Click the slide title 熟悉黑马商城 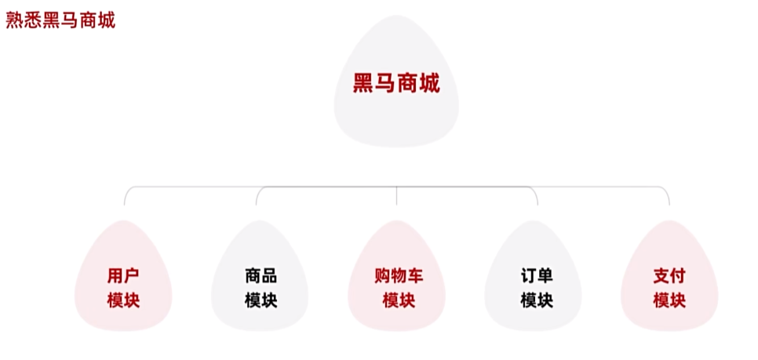[60, 20]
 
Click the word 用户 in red [123, 276]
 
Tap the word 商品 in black [261, 276]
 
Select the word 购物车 [398, 276]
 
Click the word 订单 [537, 276]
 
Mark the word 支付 [669, 276]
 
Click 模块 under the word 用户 [123, 300]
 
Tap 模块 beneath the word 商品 [261, 300]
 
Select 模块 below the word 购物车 [398, 300]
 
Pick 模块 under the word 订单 [537, 300]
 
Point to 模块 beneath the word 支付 [669, 300]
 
